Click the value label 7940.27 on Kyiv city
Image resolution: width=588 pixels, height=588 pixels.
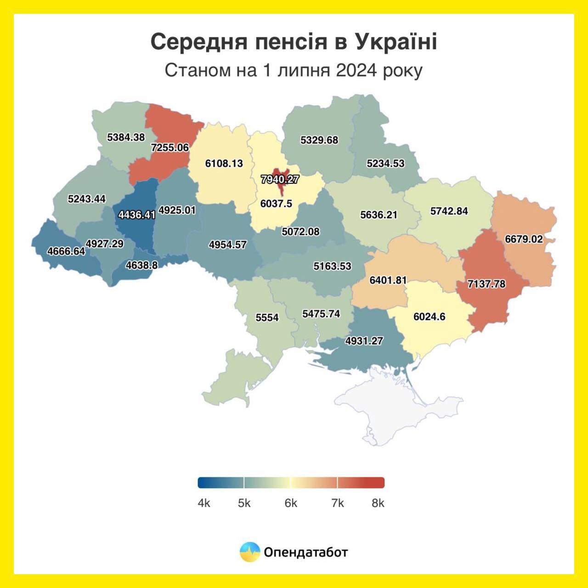tap(280, 179)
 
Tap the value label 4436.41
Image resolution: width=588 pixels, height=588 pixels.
tap(137, 215)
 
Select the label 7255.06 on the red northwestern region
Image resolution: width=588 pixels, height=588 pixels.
tap(170, 147)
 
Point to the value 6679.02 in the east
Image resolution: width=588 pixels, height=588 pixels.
tap(524, 239)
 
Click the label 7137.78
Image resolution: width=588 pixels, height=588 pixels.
tap(486, 284)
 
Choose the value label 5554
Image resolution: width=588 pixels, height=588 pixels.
tap(267, 317)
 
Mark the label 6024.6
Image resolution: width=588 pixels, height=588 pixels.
tap(429, 317)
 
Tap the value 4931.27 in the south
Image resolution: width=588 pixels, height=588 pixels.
tap(364, 341)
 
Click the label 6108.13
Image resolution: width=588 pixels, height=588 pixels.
tap(224, 163)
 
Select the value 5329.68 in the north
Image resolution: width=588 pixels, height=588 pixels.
tap(319, 140)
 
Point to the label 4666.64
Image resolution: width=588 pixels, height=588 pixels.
tap(66, 251)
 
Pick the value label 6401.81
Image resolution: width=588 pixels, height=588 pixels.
tap(388, 280)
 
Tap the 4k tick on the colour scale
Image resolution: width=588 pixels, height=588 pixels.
tap(204, 503)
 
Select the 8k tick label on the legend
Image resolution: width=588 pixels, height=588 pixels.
tap(378, 503)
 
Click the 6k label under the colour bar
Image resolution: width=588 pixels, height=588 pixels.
tap(291, 503)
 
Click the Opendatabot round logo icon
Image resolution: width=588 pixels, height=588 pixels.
tap(250, 552)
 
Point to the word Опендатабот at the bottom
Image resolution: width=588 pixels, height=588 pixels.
tap(305, 552)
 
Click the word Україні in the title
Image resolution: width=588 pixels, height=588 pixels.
tap(396, 42)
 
